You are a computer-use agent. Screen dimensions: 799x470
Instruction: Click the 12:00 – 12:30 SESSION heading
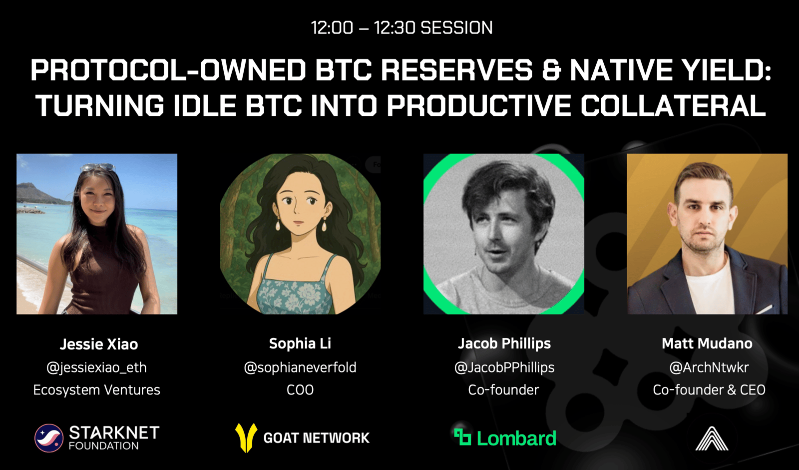401,28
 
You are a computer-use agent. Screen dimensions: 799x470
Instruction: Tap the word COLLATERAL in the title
673,105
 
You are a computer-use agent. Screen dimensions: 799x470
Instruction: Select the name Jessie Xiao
99,344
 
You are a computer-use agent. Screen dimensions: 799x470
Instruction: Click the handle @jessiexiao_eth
97,367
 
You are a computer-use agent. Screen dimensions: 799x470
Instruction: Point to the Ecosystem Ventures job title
97,389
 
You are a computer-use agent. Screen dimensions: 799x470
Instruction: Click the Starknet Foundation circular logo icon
49,438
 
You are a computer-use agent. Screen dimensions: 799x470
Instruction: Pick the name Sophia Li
300,343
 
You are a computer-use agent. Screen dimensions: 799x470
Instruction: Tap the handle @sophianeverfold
300,367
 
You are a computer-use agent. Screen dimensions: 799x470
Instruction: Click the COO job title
300,389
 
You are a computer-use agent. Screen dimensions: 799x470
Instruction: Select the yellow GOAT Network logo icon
246,438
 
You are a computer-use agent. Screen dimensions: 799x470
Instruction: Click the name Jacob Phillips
504,343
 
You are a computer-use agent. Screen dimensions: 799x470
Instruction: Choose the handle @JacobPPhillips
504,367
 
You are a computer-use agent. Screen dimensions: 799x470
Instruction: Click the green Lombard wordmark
516,438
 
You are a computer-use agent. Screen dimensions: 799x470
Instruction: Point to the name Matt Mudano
707,343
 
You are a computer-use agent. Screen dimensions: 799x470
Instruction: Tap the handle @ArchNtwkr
709,367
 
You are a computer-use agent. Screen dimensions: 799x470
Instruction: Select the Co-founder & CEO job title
709,389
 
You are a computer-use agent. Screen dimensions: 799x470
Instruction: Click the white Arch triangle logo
712,438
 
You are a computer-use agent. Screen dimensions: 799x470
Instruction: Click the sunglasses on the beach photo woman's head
98,167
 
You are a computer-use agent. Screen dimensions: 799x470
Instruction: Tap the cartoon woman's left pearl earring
278,225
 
